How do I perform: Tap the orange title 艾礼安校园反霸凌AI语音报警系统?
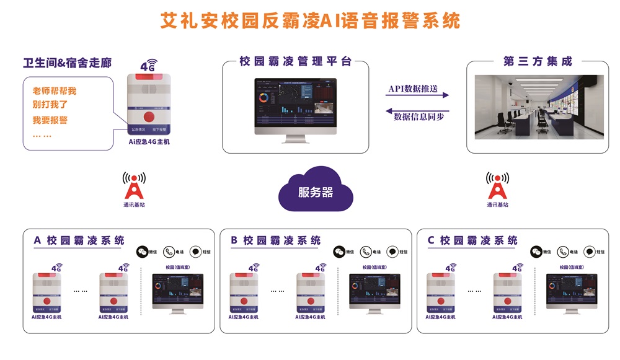pyautogui.click(x=310, y=20)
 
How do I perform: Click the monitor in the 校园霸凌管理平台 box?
pyautogui.click(x=294, y=105)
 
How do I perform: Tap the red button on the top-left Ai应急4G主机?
pyautogui.click(x=148, y=116)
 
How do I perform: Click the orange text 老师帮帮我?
pyautogui.click(x=55, y=91)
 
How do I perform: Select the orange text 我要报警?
pyautogui.click(x=50, y=120)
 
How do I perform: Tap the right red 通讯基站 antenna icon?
pyautogui.click(x=497, y=185)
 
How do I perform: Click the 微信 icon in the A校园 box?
pyautogui.click(x=142, y=252)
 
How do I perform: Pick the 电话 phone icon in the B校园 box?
pyautogui.click(x=366, y=252)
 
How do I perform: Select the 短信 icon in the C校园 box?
pyautogui.click(x=588, y=252)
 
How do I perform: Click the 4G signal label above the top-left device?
pyautogui.click(x=149, y=65)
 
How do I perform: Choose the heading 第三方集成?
pyautogui.click(x=537, y=61)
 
